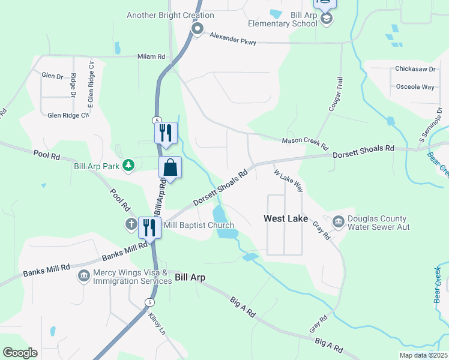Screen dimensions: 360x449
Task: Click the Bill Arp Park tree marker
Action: [128, 166]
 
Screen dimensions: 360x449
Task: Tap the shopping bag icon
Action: [170, 167]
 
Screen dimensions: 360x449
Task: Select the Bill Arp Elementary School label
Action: [283, 19]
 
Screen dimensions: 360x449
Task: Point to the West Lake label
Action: [286, 219]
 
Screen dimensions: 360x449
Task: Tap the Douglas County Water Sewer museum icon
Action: [338, 223]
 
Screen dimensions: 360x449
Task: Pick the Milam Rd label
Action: [151, 56]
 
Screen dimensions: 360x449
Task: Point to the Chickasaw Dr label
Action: [415, 69]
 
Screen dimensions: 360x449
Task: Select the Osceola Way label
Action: [415, 87]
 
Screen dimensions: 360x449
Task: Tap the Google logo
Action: [20, 353]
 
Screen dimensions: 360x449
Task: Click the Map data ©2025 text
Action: [423, 355]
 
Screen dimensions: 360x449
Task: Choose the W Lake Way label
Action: [288, 181]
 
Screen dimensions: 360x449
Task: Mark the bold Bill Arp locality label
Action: [190, 277]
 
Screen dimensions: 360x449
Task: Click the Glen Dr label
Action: [52, 76]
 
